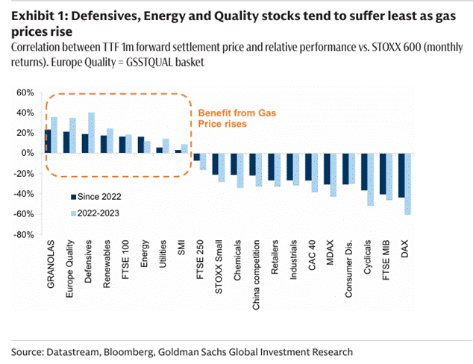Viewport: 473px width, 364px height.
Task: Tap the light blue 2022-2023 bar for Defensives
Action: [92, 133]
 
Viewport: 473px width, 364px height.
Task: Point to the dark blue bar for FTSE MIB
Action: [383, 174]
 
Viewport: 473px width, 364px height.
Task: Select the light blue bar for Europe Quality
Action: [72, 135]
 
